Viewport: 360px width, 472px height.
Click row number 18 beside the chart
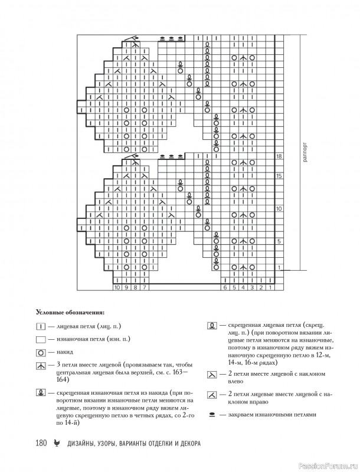coord(280,156)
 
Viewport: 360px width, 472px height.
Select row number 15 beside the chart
coord(280,176)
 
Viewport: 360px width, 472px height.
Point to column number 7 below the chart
coord(144,287)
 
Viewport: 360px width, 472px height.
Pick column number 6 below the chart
coord(225,287)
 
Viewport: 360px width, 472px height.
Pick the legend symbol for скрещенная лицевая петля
coord(210,325)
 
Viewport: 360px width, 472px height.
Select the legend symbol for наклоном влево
coord(211,375)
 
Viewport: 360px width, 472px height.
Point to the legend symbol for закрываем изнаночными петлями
coord(211,415)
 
